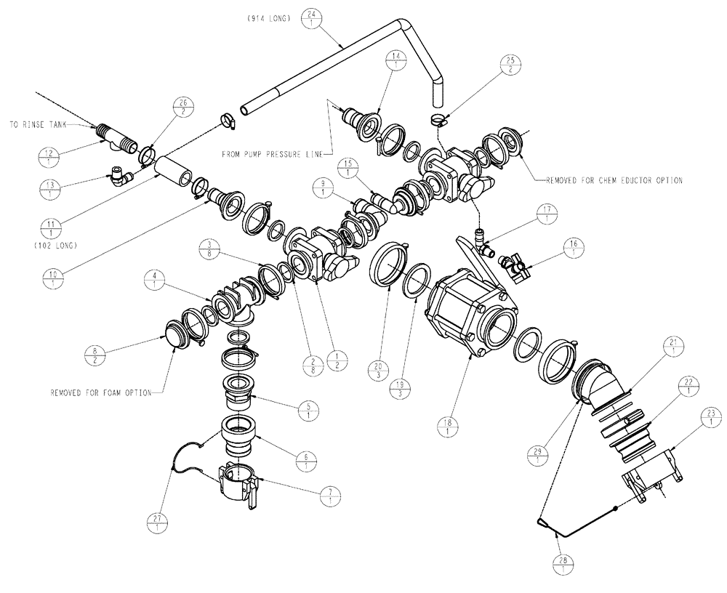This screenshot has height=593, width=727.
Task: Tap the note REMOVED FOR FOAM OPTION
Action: click(x=101, y=393)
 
